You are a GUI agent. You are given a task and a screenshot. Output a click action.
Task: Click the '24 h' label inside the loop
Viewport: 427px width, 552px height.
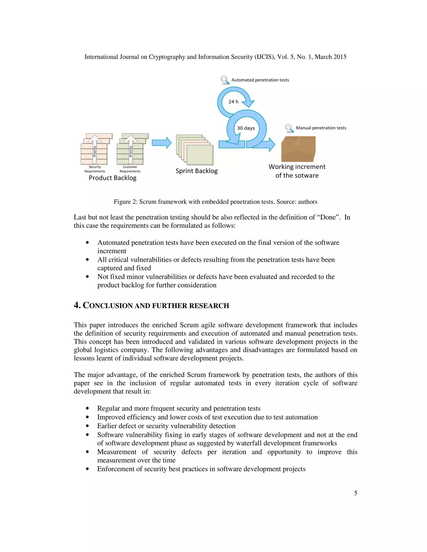[233, 102]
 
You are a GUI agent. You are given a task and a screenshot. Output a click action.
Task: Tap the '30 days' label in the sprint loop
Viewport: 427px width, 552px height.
[246, 128]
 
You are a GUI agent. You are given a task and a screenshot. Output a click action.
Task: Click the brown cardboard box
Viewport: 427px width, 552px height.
[298, 149]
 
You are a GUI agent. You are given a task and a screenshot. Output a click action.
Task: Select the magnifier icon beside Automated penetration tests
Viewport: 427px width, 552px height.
[225, 80]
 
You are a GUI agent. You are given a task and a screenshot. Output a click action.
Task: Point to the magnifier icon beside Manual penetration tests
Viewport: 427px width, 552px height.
[289, 128]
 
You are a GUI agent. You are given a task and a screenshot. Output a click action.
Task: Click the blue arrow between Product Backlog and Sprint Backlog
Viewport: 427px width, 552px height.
[161, 143]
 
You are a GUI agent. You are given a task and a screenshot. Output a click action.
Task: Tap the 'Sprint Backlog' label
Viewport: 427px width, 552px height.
[197, 171]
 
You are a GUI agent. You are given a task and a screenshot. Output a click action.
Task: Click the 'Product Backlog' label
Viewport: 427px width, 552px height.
[113, 178]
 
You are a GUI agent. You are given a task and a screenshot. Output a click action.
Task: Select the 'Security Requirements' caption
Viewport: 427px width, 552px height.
[95, 169]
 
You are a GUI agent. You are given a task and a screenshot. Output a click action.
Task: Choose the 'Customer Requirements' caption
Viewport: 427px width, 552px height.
[130, 169]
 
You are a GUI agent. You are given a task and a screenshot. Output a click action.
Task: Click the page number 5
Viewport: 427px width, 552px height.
[356, 493]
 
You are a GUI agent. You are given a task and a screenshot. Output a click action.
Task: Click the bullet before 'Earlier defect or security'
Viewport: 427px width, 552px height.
[87, 426]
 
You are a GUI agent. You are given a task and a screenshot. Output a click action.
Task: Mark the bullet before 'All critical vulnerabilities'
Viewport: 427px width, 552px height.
[87, 260]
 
